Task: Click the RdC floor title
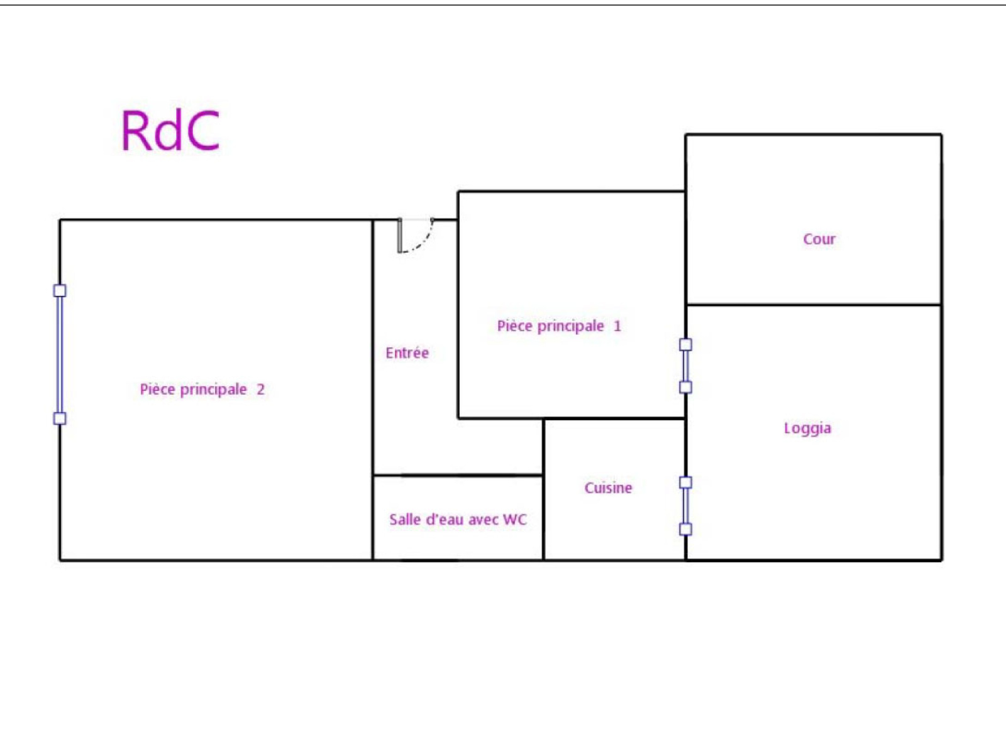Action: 170,131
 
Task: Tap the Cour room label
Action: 819,239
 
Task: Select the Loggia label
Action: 807,429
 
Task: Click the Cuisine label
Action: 608,488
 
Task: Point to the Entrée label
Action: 407,352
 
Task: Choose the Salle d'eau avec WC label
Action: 458,519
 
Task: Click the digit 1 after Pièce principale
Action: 617,326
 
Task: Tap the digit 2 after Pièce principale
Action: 260,389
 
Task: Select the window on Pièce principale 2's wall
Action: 60,354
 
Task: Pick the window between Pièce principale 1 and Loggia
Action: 685,366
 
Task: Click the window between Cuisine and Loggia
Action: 685,505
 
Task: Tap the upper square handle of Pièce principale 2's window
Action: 60,290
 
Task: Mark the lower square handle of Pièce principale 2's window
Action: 60,418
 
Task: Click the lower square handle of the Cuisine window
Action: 685,529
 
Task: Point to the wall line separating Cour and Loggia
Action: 814,305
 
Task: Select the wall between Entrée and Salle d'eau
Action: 458,475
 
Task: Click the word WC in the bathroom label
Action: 515,519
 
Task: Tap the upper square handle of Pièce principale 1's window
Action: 685,344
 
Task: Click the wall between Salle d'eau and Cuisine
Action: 544,517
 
